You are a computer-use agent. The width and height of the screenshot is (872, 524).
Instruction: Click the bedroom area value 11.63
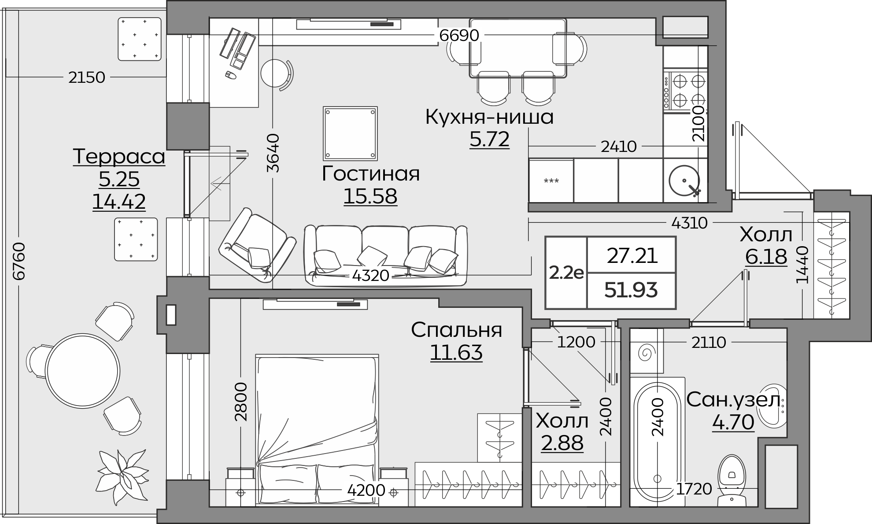tap(456, 353)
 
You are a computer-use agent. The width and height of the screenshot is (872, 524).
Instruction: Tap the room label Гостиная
tap(370, 173)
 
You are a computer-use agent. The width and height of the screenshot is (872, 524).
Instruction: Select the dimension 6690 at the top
tap(459, 35)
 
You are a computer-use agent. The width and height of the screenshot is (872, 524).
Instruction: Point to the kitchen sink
tap(684, 181)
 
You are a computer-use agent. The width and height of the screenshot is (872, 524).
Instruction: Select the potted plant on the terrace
tap(122, 476)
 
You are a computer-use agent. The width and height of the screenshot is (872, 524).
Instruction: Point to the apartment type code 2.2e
tap(566, 273)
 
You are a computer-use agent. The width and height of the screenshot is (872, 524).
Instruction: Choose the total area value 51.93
tap(631, 290)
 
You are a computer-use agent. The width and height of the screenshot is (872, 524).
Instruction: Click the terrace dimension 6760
tap(19, 261)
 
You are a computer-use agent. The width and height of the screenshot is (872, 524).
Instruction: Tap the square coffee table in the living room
tap(350, 133)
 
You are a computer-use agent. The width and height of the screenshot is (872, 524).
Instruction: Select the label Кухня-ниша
tap(489, 118)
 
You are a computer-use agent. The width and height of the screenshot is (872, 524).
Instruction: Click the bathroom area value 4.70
tap(733, 422)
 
